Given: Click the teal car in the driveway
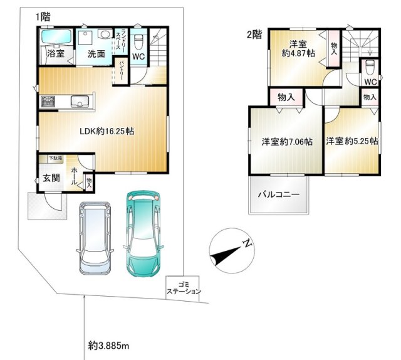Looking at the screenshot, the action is (143, 234).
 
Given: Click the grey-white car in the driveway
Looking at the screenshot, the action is (95, 238).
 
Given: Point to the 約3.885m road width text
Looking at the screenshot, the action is (108, 346).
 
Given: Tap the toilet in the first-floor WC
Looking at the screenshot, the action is (138, 42).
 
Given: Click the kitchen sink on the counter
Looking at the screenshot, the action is (80, 101).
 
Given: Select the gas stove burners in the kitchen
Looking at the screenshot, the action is (48, 101).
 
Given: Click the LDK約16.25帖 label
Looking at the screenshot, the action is (107, 131).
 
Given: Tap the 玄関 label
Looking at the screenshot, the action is (51, 177).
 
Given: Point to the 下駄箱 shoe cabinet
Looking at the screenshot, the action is (55, 158).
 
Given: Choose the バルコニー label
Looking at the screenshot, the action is (278, 194).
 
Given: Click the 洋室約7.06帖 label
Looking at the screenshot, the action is (287, 142).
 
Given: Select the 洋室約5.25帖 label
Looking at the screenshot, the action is (352, 141).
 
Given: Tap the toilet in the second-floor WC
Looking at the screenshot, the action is (370, 67).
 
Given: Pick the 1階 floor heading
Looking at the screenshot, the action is (43, 17).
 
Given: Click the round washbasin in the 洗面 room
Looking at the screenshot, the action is (105, 33).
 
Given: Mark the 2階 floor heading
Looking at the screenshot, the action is (254, 34).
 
